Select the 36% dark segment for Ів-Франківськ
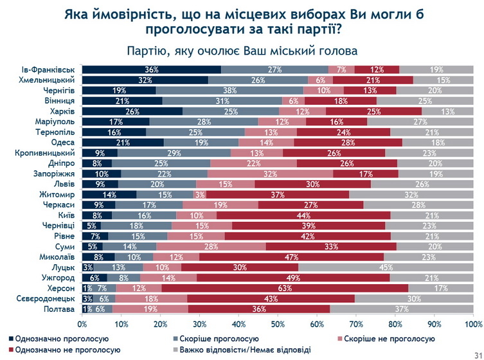coord(152,69)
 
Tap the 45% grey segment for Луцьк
coord(386,267)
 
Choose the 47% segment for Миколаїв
coord(292,256)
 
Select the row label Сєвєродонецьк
coord(48,298)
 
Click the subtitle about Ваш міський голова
coord(242,51)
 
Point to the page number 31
coord(474,351)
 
